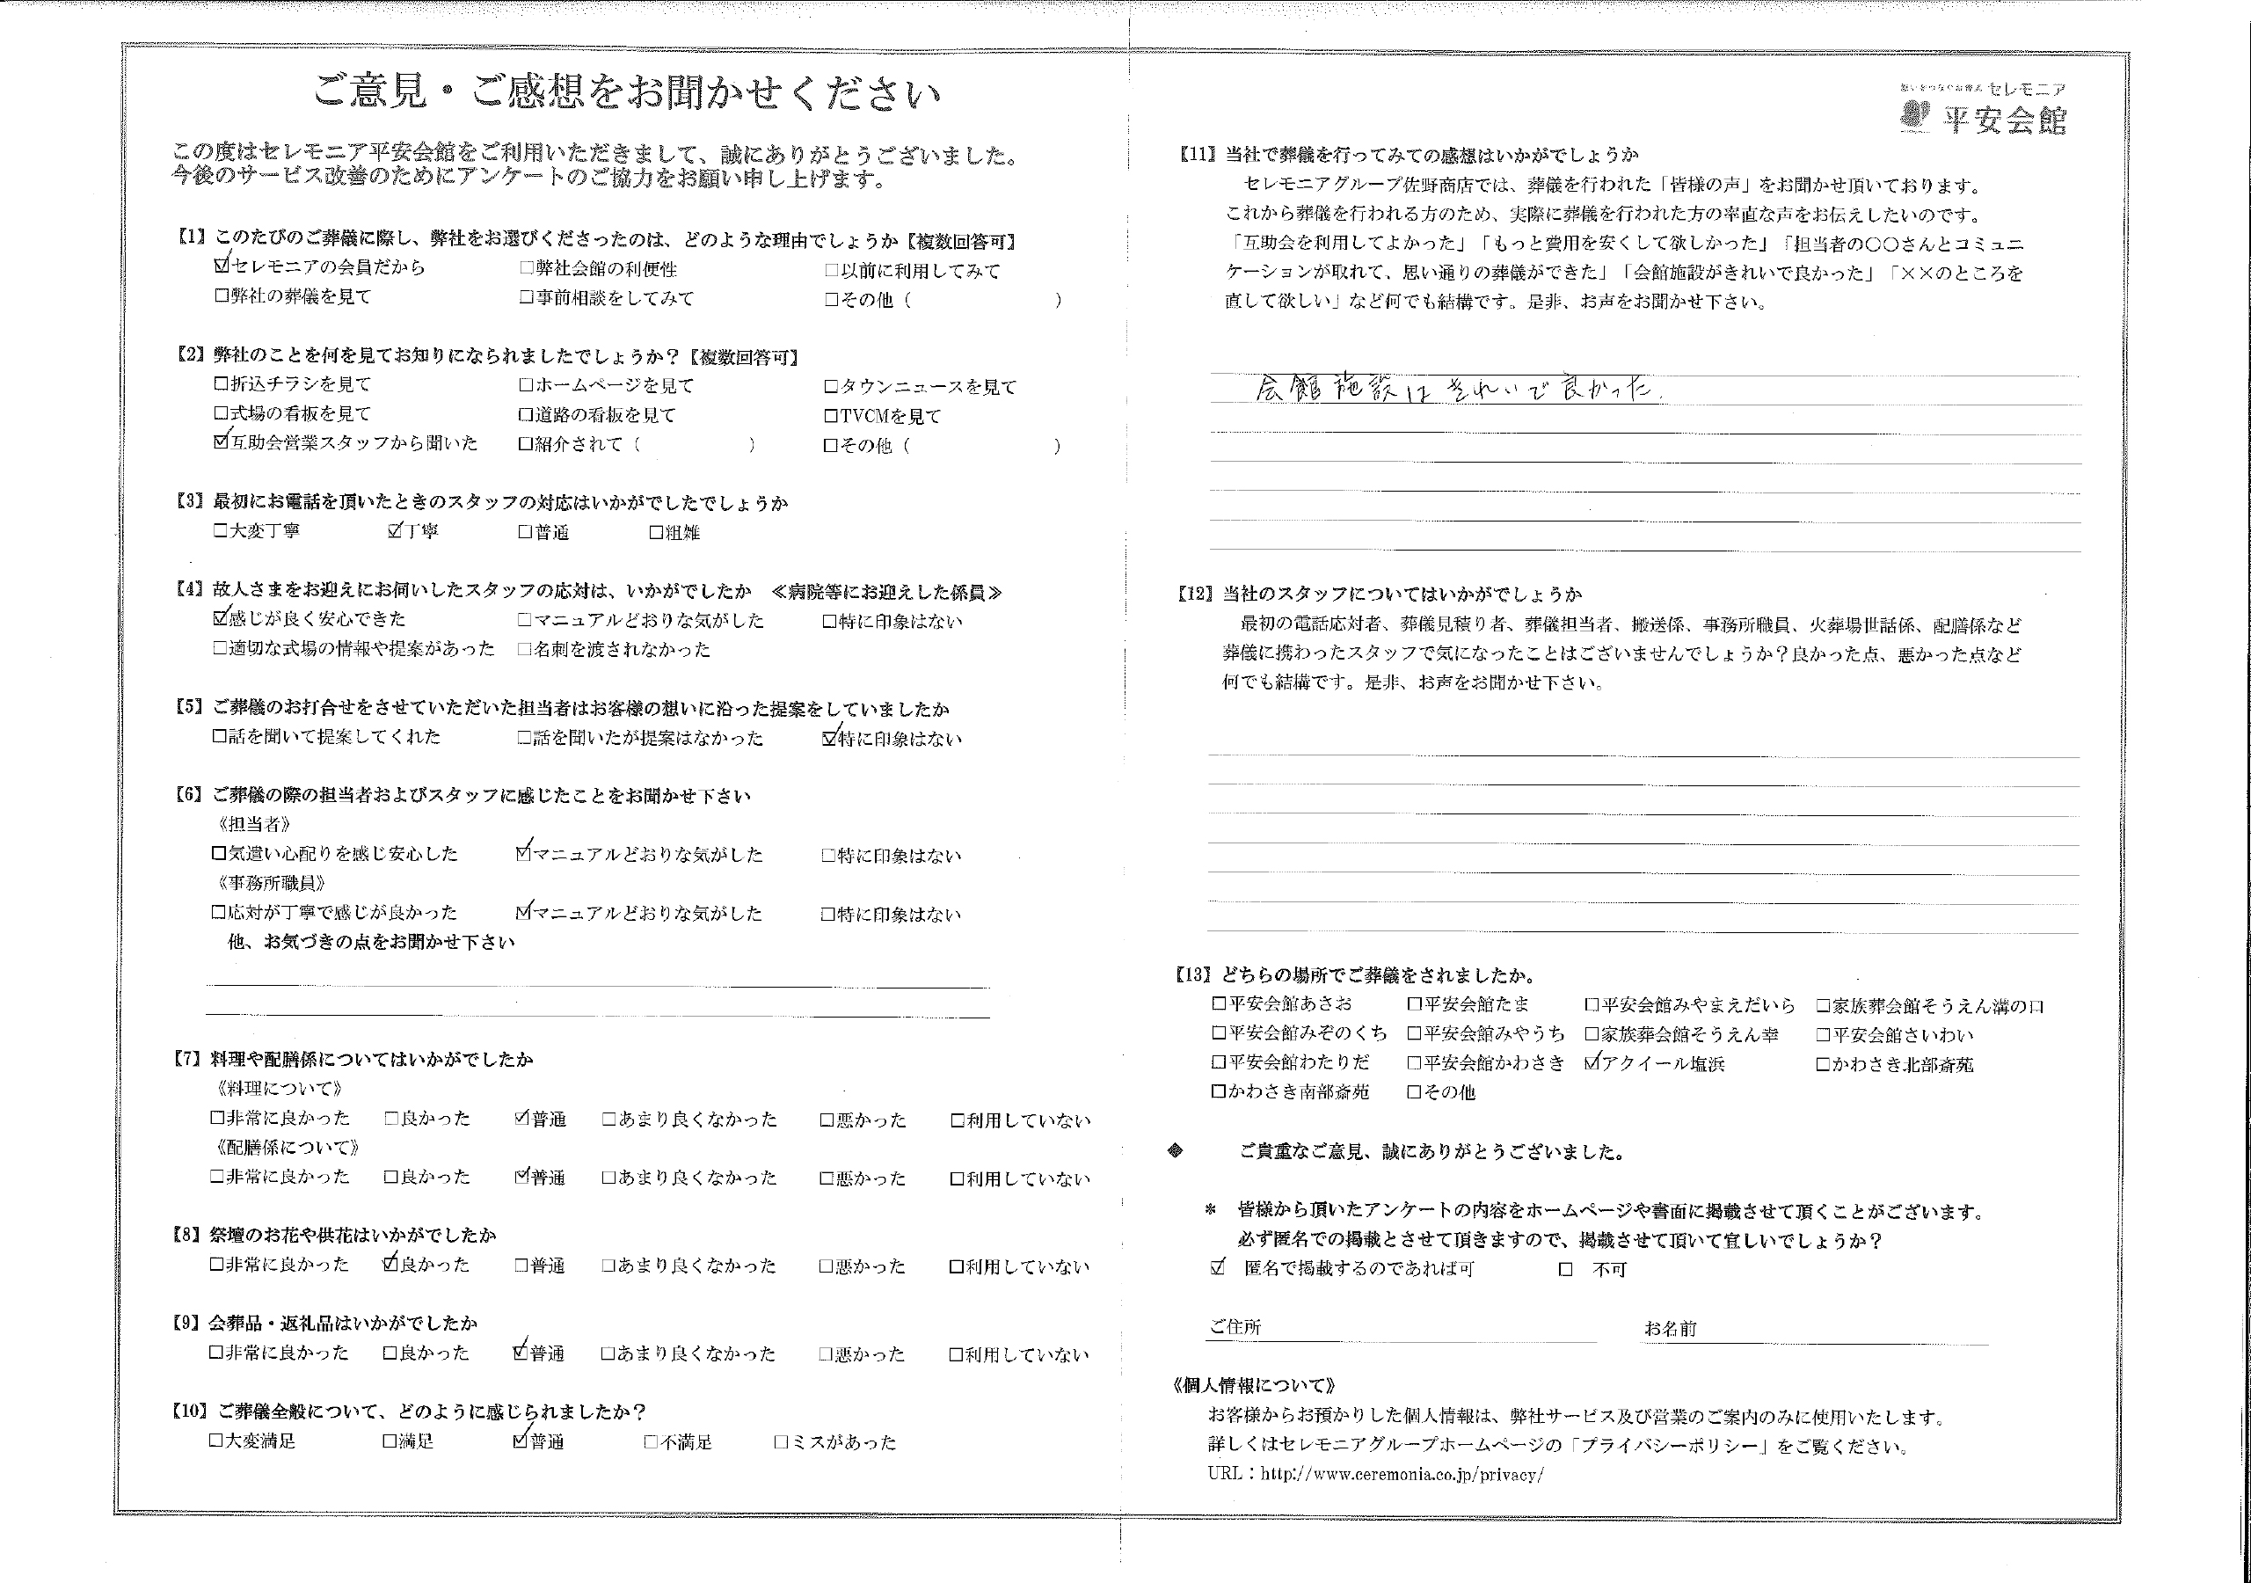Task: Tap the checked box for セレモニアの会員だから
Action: pyautogui.click(x=221, y=266)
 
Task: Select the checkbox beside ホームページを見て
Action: pyautogui.click(x=527, y=385)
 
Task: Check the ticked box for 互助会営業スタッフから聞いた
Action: pyautogui.click(x=221, y=442)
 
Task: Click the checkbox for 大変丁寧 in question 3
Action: pyautogui.click(x=220, y=531)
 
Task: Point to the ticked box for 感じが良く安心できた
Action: pyautogui.click(x=221, y=619)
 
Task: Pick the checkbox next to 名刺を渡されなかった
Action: pyautogui.click(x=525, y=649)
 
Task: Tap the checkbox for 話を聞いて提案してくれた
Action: pyautogui.click(x=220, y=737)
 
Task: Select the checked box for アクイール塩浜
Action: pyautogui.click(x=1592, y=1063)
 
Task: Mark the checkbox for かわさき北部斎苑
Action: pyautogui.click(x=1823, y=1064)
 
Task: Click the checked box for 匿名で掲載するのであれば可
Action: pyautogui.click(x=1218, y=1268)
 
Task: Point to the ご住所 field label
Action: pyautogui.click(x=1235, y=1327)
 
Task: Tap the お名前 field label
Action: pyautogui.click(x=1671, y=1328)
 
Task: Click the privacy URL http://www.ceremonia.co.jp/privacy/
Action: pyautogui.click(x=1402, y=1474)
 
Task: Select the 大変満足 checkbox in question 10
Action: pyautogui.click(x=215, y=1441)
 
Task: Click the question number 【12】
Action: pyautogui.click(x=1195, y=595)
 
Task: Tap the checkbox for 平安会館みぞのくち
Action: pyautogui.click(x=1219, y=1033)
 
